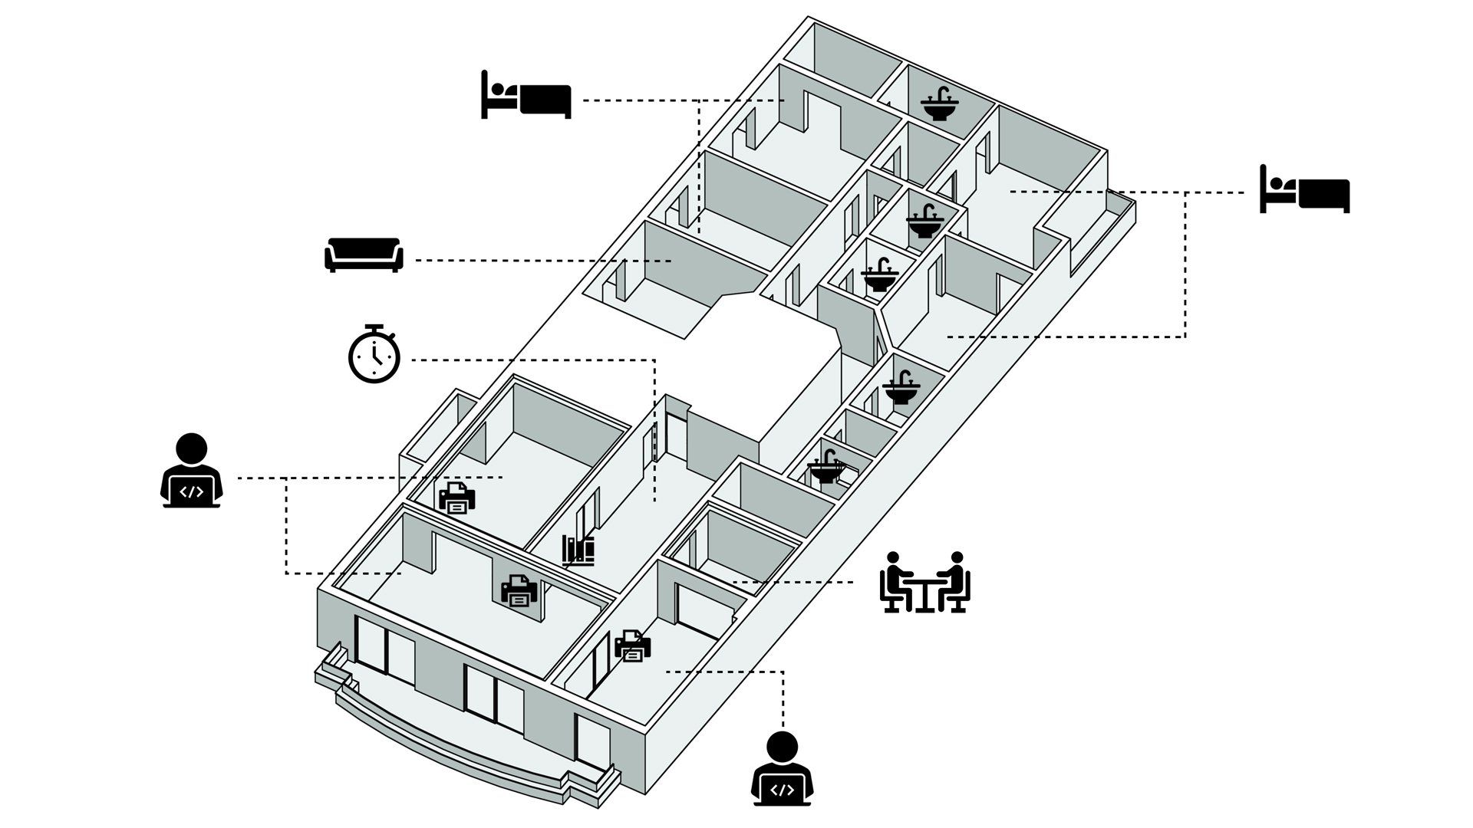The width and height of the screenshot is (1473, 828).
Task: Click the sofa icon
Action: [363, 255]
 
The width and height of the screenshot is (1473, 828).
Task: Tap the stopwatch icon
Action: [374, 355]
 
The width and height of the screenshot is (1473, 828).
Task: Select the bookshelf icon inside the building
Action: [578, 550]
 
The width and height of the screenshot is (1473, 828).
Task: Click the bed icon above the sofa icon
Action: [526, 96]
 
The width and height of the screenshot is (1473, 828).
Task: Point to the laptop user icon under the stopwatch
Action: [192, 472]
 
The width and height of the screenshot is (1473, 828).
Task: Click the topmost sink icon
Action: [939, 105]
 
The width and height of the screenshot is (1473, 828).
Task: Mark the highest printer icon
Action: [456, 498]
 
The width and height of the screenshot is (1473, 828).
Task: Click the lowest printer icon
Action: [633, 646]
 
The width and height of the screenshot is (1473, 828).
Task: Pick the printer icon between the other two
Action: [519, 590]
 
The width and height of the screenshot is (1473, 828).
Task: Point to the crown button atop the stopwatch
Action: [374, 327]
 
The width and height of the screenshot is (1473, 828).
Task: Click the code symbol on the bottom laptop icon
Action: [782, 790]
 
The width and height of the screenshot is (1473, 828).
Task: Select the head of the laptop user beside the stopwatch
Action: [192, 449]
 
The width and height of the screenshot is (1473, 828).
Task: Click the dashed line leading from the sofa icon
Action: [537, 261]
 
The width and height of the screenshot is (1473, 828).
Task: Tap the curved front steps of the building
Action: [445, 747]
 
